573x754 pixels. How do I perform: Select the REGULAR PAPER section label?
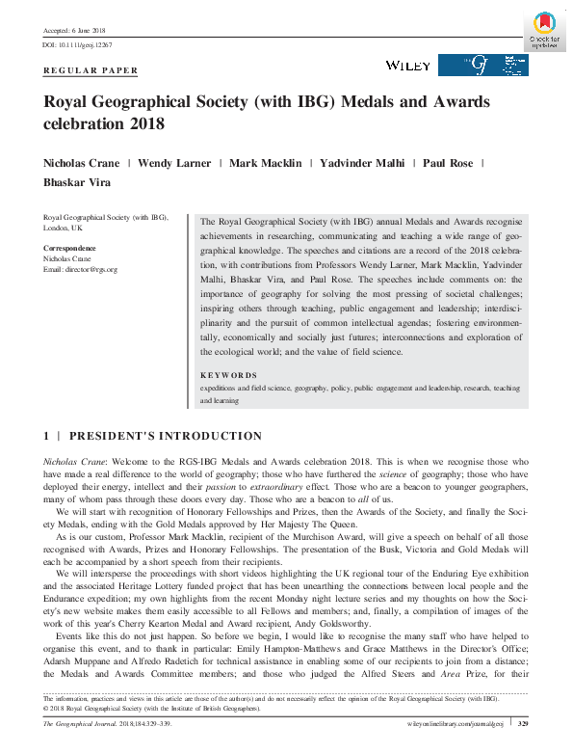[91, 70]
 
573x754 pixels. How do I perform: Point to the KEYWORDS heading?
[228, 375]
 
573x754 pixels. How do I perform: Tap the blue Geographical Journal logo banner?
[482, 65]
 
